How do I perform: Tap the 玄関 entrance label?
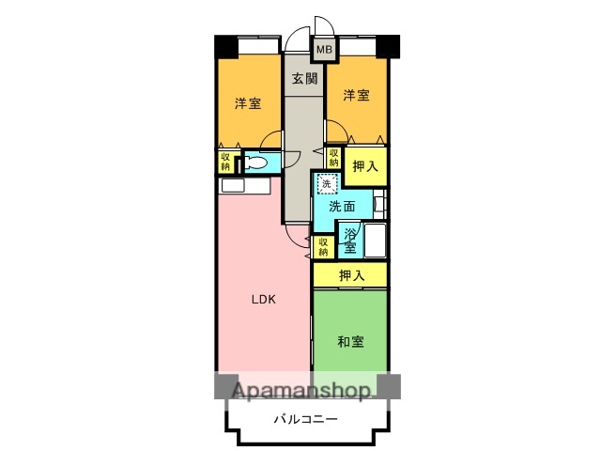click(303, 79)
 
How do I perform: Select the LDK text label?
click(264, 302)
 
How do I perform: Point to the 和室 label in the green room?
click(350, 342)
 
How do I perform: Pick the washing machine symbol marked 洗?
click(326, 184)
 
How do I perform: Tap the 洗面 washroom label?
click(341, 207)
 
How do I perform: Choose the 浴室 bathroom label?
click(349, 241)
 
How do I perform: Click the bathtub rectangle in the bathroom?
click(375, 241)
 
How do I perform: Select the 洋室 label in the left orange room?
click(248, 103)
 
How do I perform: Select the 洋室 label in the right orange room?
click(355, 95)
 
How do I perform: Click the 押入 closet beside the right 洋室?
click(365, 166)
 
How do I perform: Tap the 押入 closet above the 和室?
click(350, 275)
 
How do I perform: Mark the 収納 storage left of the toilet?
click(225, 162)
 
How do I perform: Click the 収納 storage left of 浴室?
click(322, 247)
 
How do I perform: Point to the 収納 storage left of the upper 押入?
click(333, 157)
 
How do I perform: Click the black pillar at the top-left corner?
click(225, 46)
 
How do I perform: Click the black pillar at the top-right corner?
click(389, 46)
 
